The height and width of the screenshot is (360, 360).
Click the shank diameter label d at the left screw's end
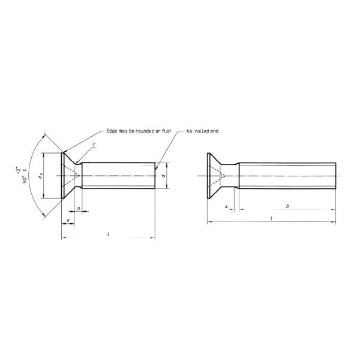coord(164,176)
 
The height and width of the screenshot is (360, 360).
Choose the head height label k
coord(68,221)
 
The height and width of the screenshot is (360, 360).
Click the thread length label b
coord(287,206)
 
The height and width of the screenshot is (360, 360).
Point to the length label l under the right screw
coord(271,220)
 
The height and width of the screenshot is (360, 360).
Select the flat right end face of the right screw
coord(335,176)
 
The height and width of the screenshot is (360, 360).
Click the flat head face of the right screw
coord(208,176)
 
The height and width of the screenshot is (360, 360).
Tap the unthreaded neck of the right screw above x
coord(236,176)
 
